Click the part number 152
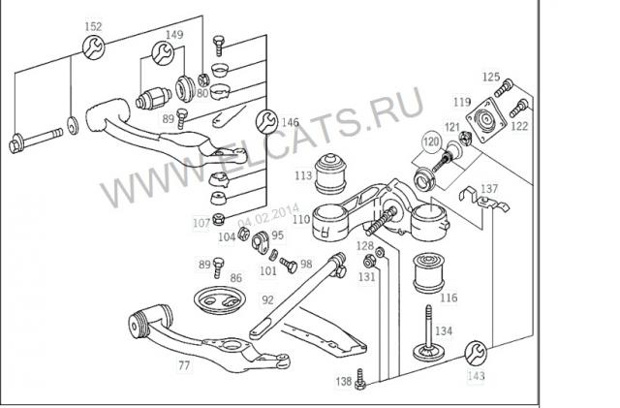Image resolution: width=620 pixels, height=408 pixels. (x=92, y=26)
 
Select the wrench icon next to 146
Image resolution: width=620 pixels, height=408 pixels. (x=263, y=121)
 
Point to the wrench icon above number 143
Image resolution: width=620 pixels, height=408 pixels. (x=477, y=351)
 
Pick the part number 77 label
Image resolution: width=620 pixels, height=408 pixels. (x=184, y=365)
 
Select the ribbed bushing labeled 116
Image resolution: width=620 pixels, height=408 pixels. (x=428, y=273)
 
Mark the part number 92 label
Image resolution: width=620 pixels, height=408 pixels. (x=267, y=299)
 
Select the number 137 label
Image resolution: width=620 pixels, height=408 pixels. (x=489, y=188)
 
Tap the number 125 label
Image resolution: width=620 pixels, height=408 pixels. (x=490, y=77)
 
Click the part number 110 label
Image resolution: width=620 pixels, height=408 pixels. (x=301, y=220)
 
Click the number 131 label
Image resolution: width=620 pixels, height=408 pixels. (x=366, y=277)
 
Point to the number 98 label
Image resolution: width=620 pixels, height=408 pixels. (x=305, y=264)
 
